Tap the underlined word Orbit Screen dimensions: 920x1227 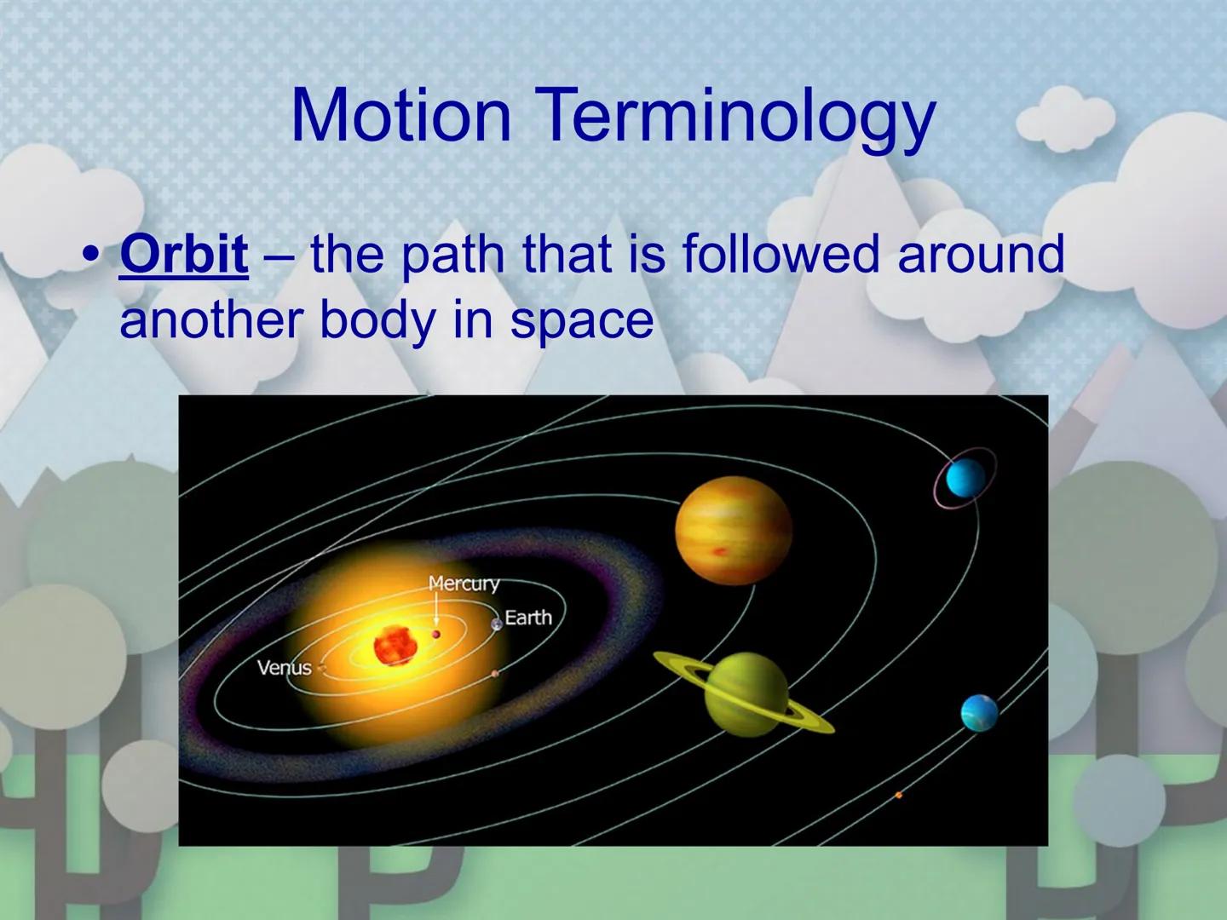(x=184, y=254)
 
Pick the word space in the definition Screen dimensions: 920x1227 (x=582, y=319)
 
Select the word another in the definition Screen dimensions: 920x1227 (x=210, y=319)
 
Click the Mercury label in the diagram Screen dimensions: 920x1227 (x=464, y=584)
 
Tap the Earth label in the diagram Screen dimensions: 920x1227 (x=528, y=618)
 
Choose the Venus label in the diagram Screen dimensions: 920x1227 (x=284, y=667)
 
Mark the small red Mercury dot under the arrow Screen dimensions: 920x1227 (x=436, y=634)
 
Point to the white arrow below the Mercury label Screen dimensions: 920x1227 (x=436, y=612)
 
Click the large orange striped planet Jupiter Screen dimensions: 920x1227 (x=733, y=530)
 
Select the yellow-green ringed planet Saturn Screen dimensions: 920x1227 (x=747, y=694)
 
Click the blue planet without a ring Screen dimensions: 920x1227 (x=978, y=713)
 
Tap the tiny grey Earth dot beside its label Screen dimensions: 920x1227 (x=497, y=624)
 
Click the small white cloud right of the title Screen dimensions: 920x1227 (x=1065, y=119)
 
